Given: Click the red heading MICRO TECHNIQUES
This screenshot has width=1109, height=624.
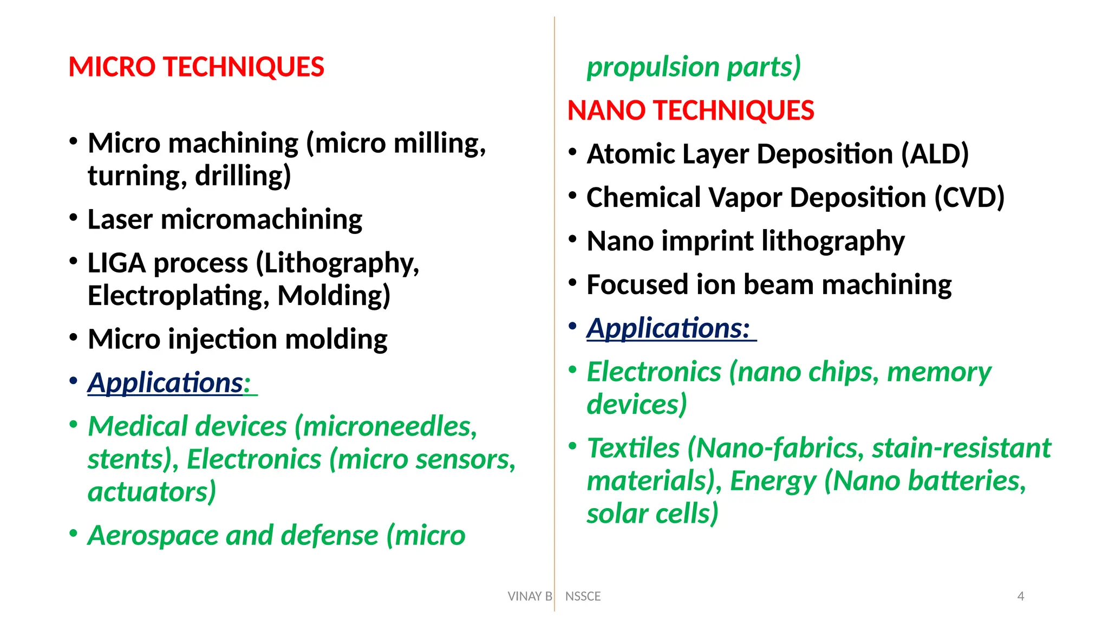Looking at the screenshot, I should tap(196, 67).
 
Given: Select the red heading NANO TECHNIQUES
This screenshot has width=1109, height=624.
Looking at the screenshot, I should tap(690, 110).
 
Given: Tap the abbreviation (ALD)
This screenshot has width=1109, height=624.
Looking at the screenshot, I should tap(935, 154).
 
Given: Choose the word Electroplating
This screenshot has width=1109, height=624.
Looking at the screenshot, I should tap(178, 296).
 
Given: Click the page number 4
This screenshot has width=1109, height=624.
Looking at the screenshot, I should tap(1021, 596).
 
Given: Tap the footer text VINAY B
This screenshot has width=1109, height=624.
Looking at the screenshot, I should tap(530, 596).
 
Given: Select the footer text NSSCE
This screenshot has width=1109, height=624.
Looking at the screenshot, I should tap(583, 596).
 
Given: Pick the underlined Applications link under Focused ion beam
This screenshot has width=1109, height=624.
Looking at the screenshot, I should tap(668, 328).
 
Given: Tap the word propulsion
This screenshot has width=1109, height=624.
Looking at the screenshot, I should tap(653, 67).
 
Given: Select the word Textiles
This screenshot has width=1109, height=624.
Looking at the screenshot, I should tap(633, 448).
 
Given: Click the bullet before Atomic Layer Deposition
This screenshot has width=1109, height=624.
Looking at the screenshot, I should tap(572, 152).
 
